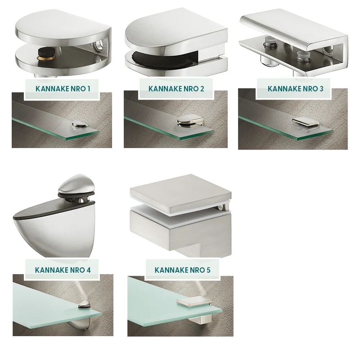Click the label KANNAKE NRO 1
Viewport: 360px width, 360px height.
[x=63, y=89]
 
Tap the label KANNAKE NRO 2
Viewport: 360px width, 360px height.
[x=176, y=89]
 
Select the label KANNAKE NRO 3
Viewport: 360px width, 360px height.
[x=295, y=89]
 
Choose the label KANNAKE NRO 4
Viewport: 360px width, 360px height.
[x=63, y=270]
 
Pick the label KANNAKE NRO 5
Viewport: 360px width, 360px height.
[x=182, y=270]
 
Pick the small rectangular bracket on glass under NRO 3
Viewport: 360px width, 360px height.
[x=306, y=123]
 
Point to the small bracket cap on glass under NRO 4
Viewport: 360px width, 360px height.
[x=84, y=305]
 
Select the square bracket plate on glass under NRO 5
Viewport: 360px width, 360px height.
[x=194, y=301]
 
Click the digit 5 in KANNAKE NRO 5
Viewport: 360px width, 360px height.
[x=208, y=270]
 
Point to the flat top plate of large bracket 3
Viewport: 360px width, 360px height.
[x=293, y=30]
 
